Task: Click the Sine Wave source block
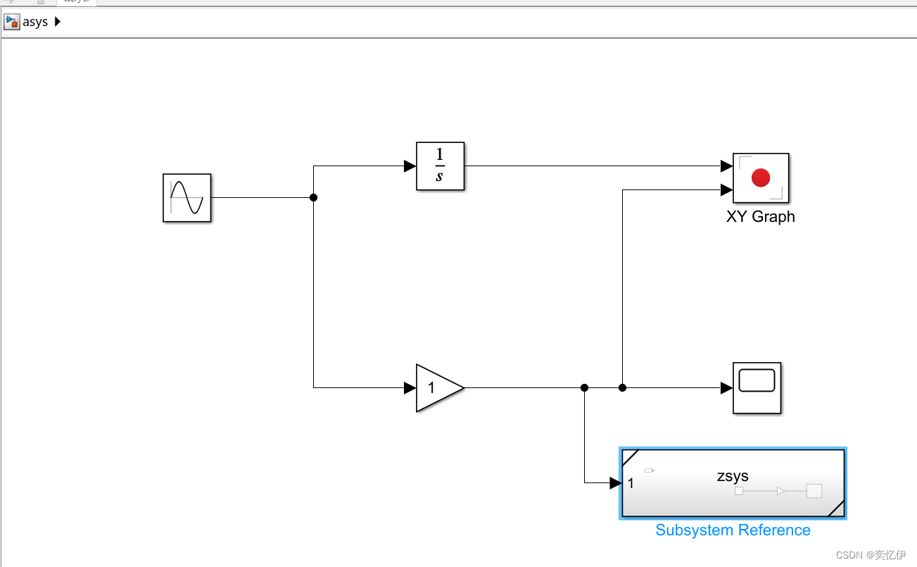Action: pos(187,198)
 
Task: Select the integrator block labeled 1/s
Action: pos(440,166)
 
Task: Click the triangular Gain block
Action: pos(436,387)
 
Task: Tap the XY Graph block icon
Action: pos(761,178)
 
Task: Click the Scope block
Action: pos(757,387)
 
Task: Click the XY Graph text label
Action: pos(760,217)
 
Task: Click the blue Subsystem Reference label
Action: pos(733,530)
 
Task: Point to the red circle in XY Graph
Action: pos(761,177)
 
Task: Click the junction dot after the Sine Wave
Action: pos(314,198)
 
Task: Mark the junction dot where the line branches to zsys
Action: pos(584,387)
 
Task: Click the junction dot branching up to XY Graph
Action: pos(622,387)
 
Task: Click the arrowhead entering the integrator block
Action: pos(410,166)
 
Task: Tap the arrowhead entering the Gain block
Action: pos(410,387)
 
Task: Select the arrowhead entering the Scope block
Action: pos(726,387)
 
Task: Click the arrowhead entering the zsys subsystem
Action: pos(615,482)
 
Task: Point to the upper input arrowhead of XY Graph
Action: pos(726,166)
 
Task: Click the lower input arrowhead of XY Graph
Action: pos(726,189)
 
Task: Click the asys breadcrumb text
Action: pos(35,22)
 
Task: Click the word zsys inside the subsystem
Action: pos(733,476)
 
